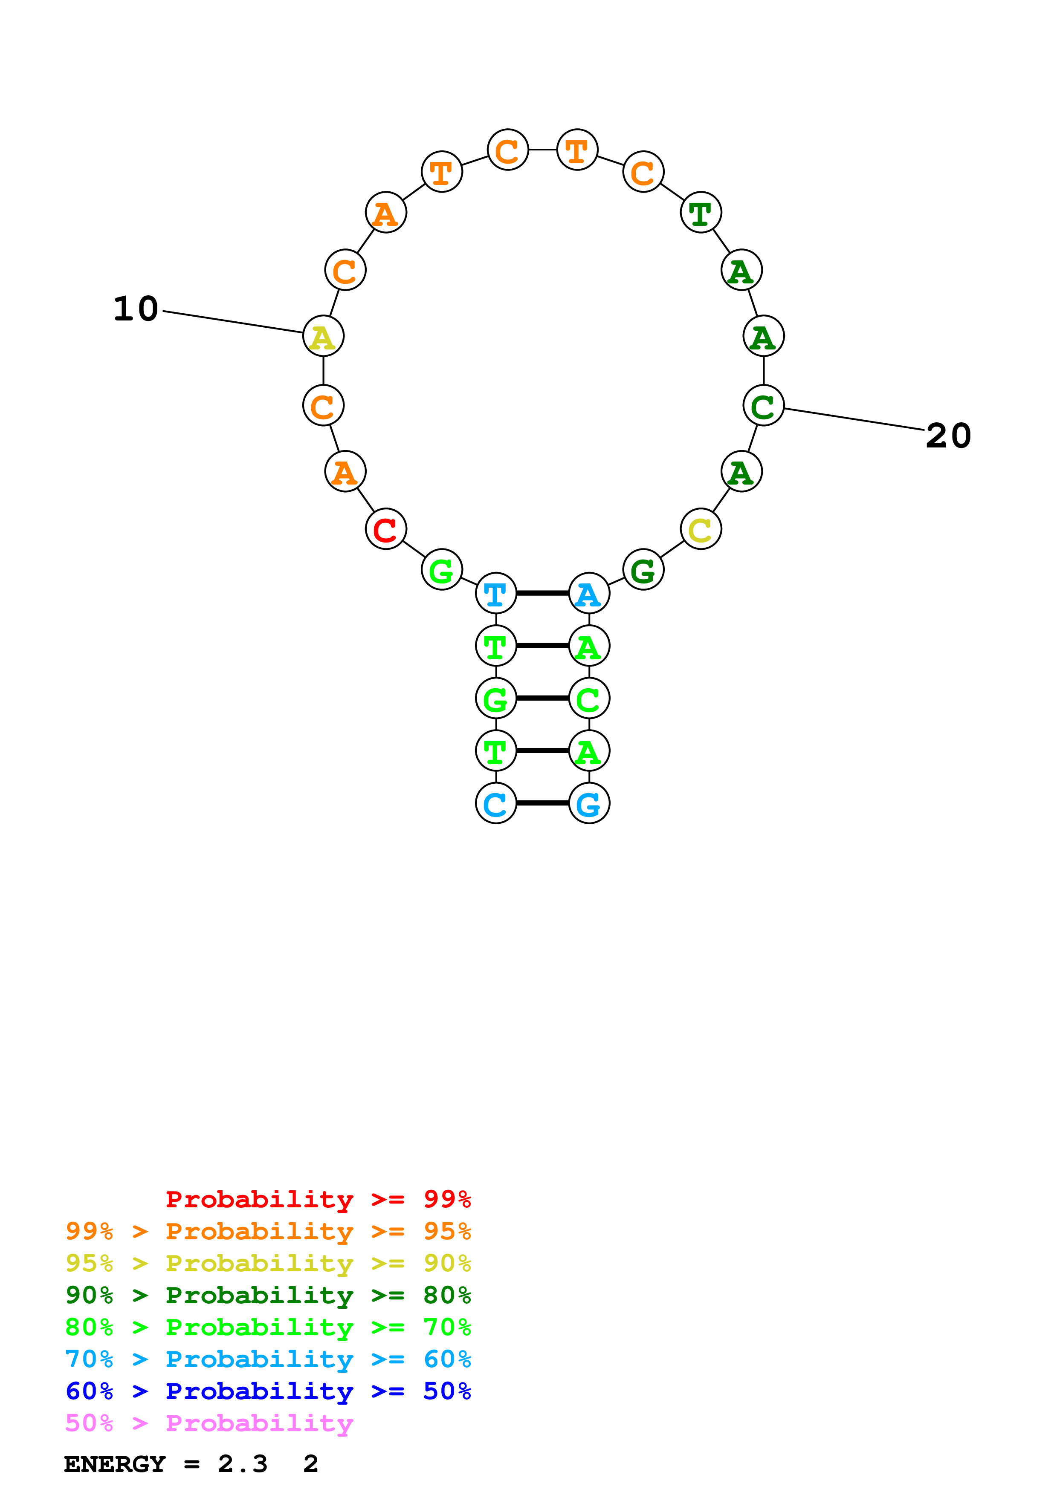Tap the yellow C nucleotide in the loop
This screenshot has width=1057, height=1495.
(x=701, y=529)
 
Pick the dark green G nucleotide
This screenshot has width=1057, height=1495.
(x=643, y=570)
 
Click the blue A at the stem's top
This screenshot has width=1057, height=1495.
(x=589, y=593)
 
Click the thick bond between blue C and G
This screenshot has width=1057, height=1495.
(x=542, y=803)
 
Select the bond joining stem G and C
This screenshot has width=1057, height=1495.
(x=542, y=698)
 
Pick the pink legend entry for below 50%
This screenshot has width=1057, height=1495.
(x=209, y=1423)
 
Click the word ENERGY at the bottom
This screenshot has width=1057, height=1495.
(x=115, y=1464)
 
